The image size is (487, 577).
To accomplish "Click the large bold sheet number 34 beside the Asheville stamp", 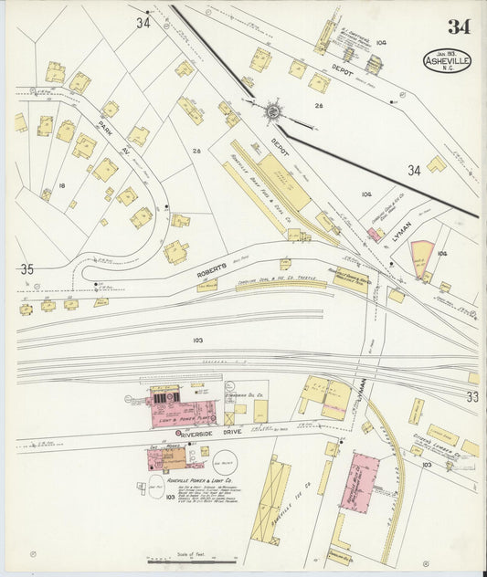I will point(458,26).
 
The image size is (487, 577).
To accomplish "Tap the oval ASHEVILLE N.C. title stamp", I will point(447,61).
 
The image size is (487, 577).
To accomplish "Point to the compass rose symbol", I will point(272,111).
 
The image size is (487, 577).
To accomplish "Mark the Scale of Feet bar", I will point(192,560).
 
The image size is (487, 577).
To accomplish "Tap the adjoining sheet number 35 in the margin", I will point(26,269).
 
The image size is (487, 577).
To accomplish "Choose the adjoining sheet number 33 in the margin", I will point(471,396).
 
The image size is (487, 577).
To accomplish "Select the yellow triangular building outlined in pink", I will point(421,257).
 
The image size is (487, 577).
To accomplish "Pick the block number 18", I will point(61,185).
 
